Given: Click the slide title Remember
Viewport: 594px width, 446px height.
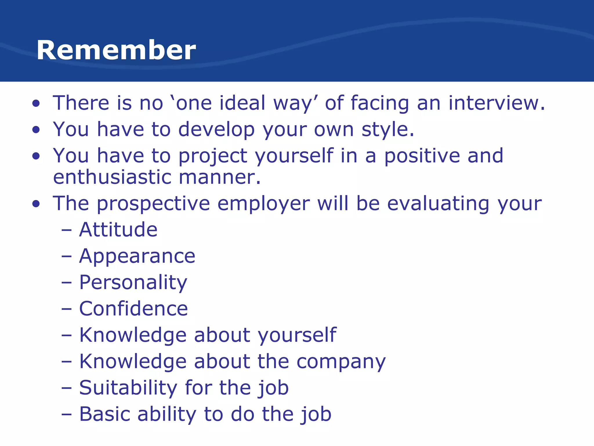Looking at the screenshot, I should coord(116,50).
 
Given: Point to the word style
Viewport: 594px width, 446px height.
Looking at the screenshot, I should coord(387,130).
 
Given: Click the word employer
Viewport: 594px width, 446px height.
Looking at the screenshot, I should coord(263,204).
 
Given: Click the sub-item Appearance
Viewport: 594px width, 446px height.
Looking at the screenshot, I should coord(137,256).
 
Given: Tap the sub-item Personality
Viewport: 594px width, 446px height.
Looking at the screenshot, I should coord(133,283).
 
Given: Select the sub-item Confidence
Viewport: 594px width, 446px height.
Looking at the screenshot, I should coord(133,309).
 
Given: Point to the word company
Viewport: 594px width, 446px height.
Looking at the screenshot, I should coord(341,362).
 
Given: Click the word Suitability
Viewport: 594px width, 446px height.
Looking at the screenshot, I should coord(128,388).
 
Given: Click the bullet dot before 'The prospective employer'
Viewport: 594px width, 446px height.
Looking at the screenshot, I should coord(36,204).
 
